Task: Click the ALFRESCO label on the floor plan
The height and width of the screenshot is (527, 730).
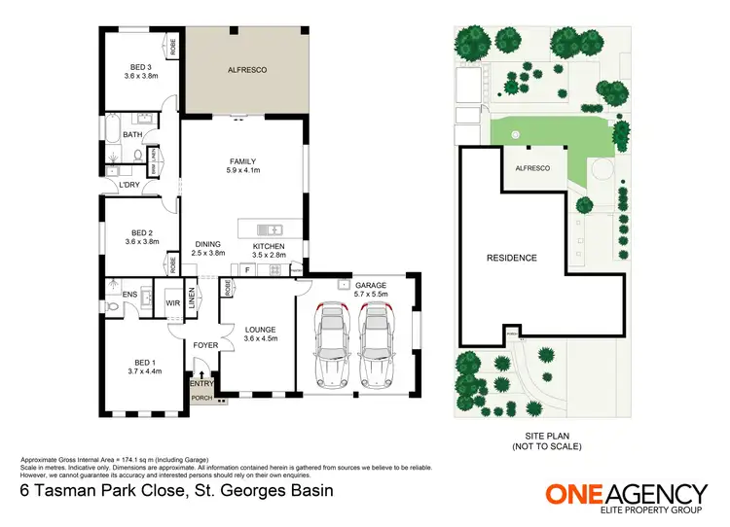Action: [x=247, y=70]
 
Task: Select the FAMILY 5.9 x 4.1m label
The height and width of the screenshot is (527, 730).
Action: [x=243, y=166]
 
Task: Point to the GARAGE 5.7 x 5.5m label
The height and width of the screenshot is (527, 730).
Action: [x=371, y=289]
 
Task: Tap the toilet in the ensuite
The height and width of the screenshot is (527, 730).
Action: [x=112, y=305]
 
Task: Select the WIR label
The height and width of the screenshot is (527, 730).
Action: [x=172, y=303]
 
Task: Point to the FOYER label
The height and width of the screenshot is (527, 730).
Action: [x=204, y=345]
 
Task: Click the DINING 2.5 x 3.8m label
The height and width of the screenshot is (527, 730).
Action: [x=207, y=249]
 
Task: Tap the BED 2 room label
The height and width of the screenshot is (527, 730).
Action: [x=143, y=238]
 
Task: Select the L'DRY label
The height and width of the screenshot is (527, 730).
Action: [x=128, y=185]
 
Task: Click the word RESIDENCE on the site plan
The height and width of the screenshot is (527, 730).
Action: [x=511, y=259]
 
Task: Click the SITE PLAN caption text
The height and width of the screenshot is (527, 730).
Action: [x=546, y=440]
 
